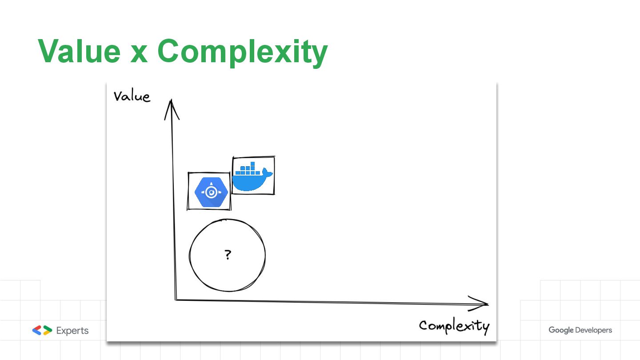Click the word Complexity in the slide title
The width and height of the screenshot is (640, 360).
pos(242,52)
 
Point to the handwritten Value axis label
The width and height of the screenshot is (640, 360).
pos(132,96)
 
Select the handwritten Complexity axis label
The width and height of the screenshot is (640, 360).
pos(454,326)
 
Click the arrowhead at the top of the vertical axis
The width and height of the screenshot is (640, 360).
pos(172,109)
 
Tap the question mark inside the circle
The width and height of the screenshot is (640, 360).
pos(228,255)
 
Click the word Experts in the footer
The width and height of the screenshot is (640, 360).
pos(72,331)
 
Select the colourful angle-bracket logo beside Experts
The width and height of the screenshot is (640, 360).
pos(42,330)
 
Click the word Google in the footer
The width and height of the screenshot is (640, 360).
pos(560,330)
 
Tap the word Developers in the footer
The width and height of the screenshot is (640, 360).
pos(593,330)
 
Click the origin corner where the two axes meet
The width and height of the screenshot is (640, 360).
pos(176,300)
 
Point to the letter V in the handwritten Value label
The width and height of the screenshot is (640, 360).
pos(118,96)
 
